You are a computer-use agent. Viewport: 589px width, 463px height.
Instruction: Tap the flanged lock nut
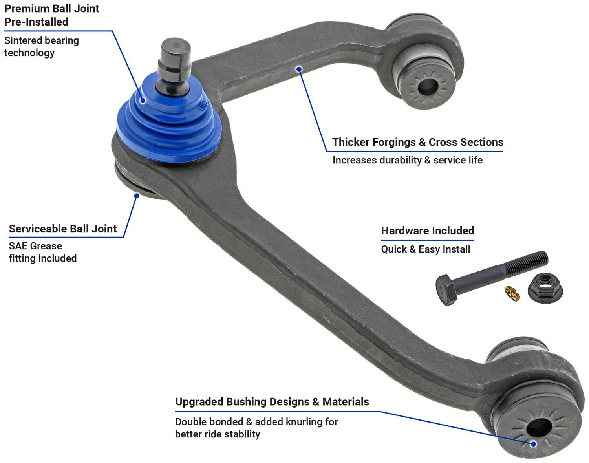(545, 288)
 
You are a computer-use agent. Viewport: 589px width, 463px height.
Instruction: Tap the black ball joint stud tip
(174, 61)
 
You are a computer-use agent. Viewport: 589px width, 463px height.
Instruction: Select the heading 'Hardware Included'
(428, 231)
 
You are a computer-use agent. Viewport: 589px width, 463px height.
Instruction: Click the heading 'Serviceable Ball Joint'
(62, 229)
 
